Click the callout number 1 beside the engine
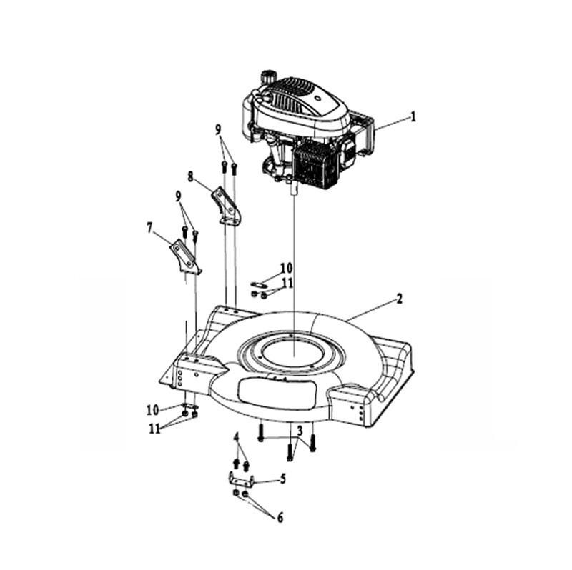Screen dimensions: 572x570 (x=413, y=117)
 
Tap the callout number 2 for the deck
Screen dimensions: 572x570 (x=400, y=299)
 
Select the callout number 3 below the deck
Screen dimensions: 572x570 (x=300, y=431)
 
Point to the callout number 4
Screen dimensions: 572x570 (x=237, y=437)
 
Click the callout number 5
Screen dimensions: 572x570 (x=283, y=479)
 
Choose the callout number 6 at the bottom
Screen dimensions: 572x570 (x=280, y=518)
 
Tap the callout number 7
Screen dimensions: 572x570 (x=149, y=228)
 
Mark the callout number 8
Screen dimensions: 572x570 (x=190, y=177)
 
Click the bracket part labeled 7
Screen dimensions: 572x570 (x=185, y=258)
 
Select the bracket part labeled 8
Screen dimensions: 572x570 (x=226, y=206)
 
